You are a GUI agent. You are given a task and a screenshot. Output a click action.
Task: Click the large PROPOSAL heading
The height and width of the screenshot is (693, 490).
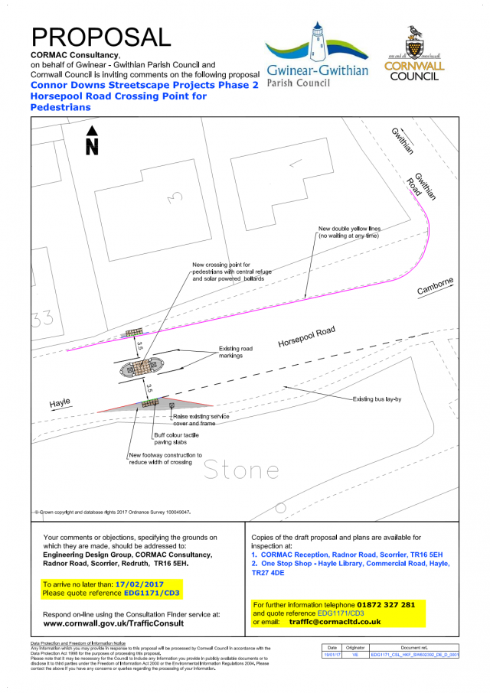pyautogui.click(x=100, y=37)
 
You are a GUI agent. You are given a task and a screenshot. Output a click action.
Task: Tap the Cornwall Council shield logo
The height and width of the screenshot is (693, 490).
pyautogui.click(x=413, y=54)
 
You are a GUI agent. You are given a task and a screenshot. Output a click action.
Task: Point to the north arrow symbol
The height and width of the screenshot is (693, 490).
pyautogui.click(x=92, y=142)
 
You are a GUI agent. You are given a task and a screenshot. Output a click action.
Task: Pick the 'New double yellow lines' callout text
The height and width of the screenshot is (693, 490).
pyautogui.click(x=348, y=233)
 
